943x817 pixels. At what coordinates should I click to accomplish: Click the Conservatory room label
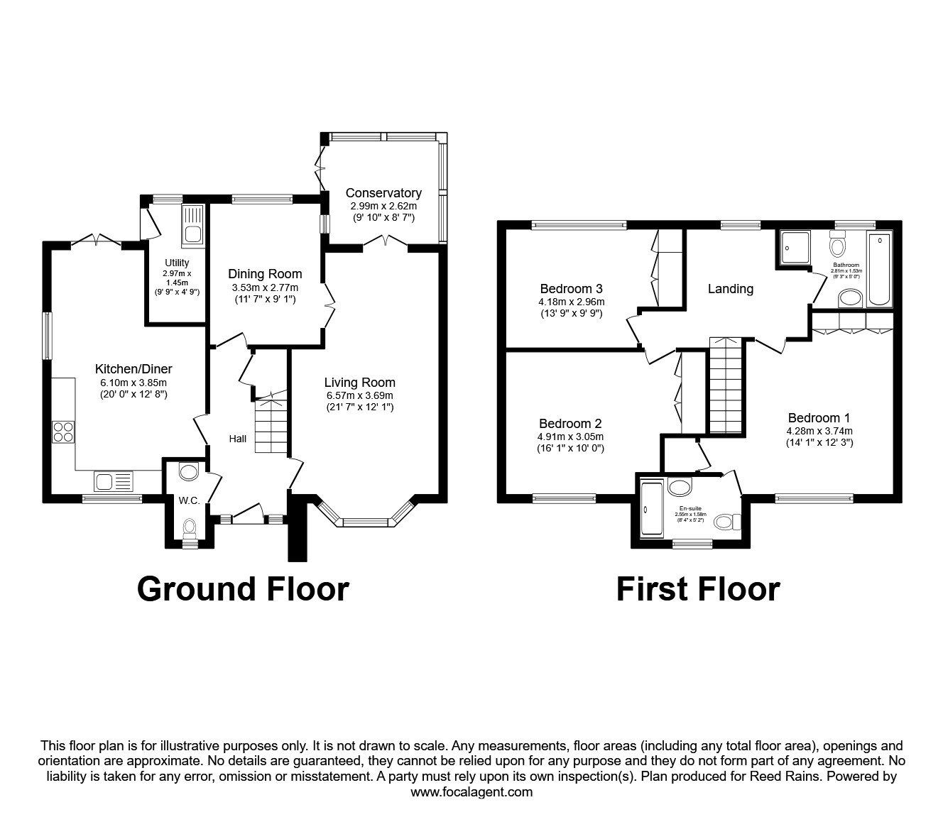383,193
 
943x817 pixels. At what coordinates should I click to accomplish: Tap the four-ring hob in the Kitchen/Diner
62,432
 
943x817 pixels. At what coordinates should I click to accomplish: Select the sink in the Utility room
192,226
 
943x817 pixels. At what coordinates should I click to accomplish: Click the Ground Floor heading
243,589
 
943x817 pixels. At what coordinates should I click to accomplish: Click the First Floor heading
698,589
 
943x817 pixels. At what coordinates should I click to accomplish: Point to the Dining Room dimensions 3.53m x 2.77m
265,287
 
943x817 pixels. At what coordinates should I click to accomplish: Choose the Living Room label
359,383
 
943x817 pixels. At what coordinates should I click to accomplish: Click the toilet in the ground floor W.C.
189,527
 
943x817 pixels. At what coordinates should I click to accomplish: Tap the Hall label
238,439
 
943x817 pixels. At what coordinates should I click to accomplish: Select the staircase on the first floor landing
725,385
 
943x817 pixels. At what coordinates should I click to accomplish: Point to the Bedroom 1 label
819,418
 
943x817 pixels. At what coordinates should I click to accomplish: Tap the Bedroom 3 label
571,289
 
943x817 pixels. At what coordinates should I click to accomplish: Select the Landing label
730,289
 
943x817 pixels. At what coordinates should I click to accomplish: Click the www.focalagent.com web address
471,792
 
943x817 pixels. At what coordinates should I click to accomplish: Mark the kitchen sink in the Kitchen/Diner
113,482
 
